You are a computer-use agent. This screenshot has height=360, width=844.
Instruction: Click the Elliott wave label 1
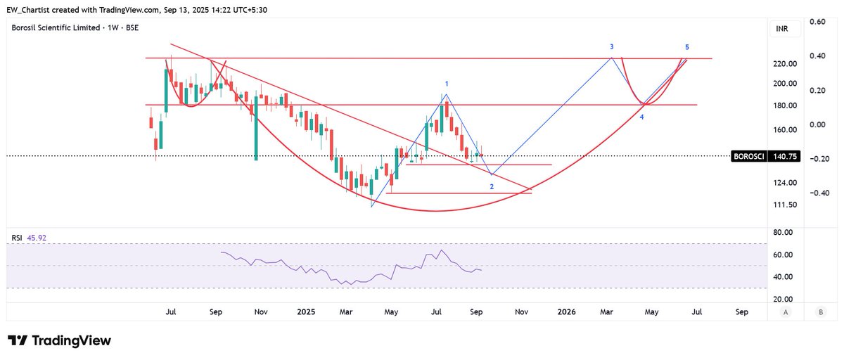(x=447, y=84)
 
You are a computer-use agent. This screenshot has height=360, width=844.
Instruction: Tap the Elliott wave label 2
(x=492, y=186)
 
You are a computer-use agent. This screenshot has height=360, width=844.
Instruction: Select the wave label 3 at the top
(x=612, y=46)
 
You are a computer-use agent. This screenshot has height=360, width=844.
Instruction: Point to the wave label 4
(x=642, y=116)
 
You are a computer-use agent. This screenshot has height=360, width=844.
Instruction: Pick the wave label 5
(x=687, y=46)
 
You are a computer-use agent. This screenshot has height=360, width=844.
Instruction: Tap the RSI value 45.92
(x=36, y=238)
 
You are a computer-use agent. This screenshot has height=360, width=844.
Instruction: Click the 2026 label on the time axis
(x=565, y=311)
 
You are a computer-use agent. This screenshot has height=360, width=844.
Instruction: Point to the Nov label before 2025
(x=261, y=311)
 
